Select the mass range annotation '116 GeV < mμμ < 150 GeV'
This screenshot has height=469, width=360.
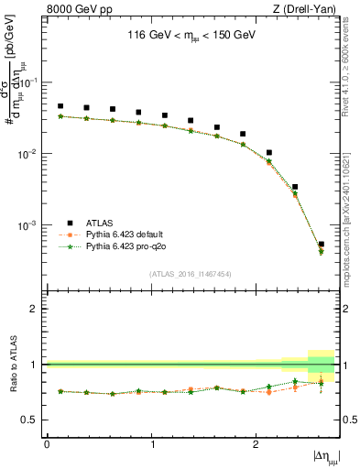click(x=191, y=38)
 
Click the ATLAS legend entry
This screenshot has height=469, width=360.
click(x=101, y=223)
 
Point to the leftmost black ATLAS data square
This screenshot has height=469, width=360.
click(x=60, y=106)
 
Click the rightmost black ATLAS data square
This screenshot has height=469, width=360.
click(x=321, y=245)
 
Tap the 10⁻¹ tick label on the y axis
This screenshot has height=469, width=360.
click(x=30, y=82)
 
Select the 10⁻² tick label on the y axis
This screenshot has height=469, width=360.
click(x=30, y=154)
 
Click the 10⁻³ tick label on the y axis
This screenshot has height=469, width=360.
click(x=30, y=225)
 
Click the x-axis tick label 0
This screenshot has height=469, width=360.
click(x=47, y=443)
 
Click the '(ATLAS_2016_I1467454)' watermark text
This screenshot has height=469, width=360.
click(x=191, y=274)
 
